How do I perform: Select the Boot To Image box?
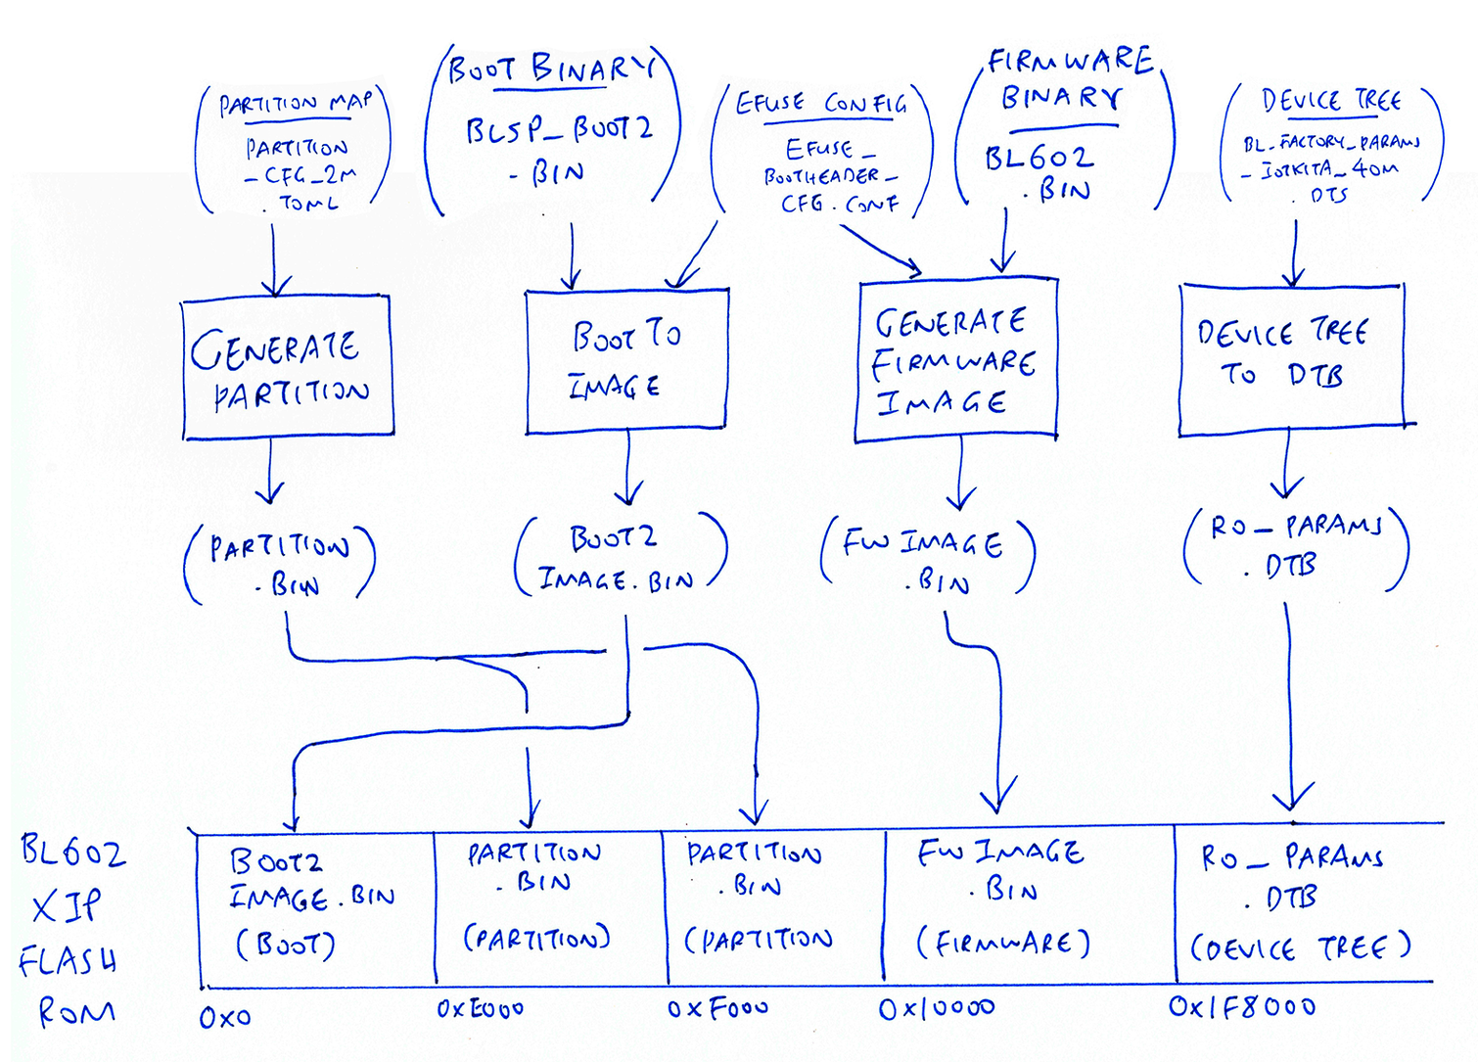[x=626, y=360]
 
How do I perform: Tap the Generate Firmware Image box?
[x=955, y=361]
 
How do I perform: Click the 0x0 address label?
[x=225, y=1018]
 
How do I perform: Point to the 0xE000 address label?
[x=480, y=1008]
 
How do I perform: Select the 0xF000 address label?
[x=717, y=1008]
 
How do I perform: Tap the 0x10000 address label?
[x=936, y=1008]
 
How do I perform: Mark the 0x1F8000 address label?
[x=1241, y=1006]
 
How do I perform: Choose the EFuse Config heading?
[x=820, y=103]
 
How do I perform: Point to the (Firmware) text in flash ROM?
[x=1002, y=943]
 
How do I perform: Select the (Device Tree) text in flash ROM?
[x=1300, y=947]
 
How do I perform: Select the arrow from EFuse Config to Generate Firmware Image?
[x=881, y=250]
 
